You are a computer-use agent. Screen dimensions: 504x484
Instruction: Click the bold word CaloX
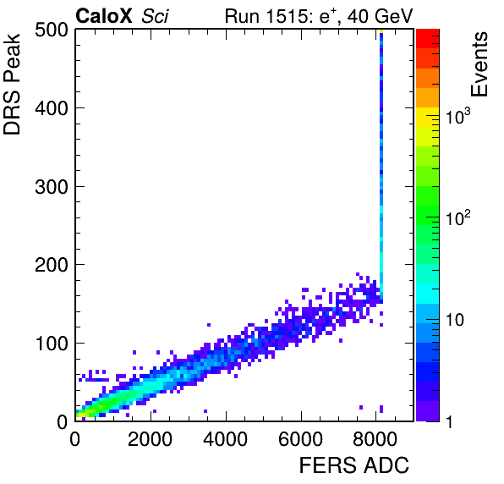(x=104, y=16)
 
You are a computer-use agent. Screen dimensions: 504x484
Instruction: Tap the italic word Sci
(x=155, y=16)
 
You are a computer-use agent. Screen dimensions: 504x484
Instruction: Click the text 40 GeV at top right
(x=380, y=16)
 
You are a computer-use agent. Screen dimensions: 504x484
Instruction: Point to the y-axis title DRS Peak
(x=12, y=85)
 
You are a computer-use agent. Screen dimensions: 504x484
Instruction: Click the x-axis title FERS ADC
(x=354, y=465)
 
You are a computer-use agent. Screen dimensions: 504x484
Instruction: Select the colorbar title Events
(x=479, y=64)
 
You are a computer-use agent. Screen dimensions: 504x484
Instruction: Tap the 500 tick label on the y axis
(x=52, y=30)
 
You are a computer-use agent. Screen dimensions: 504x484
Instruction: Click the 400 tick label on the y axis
(x=52, y=108)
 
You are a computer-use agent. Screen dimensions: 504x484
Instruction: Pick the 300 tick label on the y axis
(x=52, y=186)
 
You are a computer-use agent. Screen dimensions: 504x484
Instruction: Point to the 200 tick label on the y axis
(x=52, y=265)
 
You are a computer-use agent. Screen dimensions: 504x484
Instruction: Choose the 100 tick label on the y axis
(x=52, y=344)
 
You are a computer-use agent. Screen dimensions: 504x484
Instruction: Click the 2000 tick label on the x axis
(x=151, y=439)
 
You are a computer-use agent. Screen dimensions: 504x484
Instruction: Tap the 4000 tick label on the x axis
(x=225, y=439)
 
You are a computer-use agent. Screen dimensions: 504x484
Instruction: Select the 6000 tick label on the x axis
(x=300, y=439)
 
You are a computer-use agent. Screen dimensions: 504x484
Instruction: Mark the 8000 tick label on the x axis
(x=375, y=439)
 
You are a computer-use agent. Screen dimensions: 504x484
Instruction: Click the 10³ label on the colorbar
(x=458, y=116)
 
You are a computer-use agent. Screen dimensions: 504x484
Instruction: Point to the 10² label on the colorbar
(x=458, y=218)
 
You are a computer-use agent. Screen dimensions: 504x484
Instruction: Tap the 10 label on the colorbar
(x=455, y=320)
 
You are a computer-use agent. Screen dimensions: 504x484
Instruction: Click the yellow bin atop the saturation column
(x=381, y=31)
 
